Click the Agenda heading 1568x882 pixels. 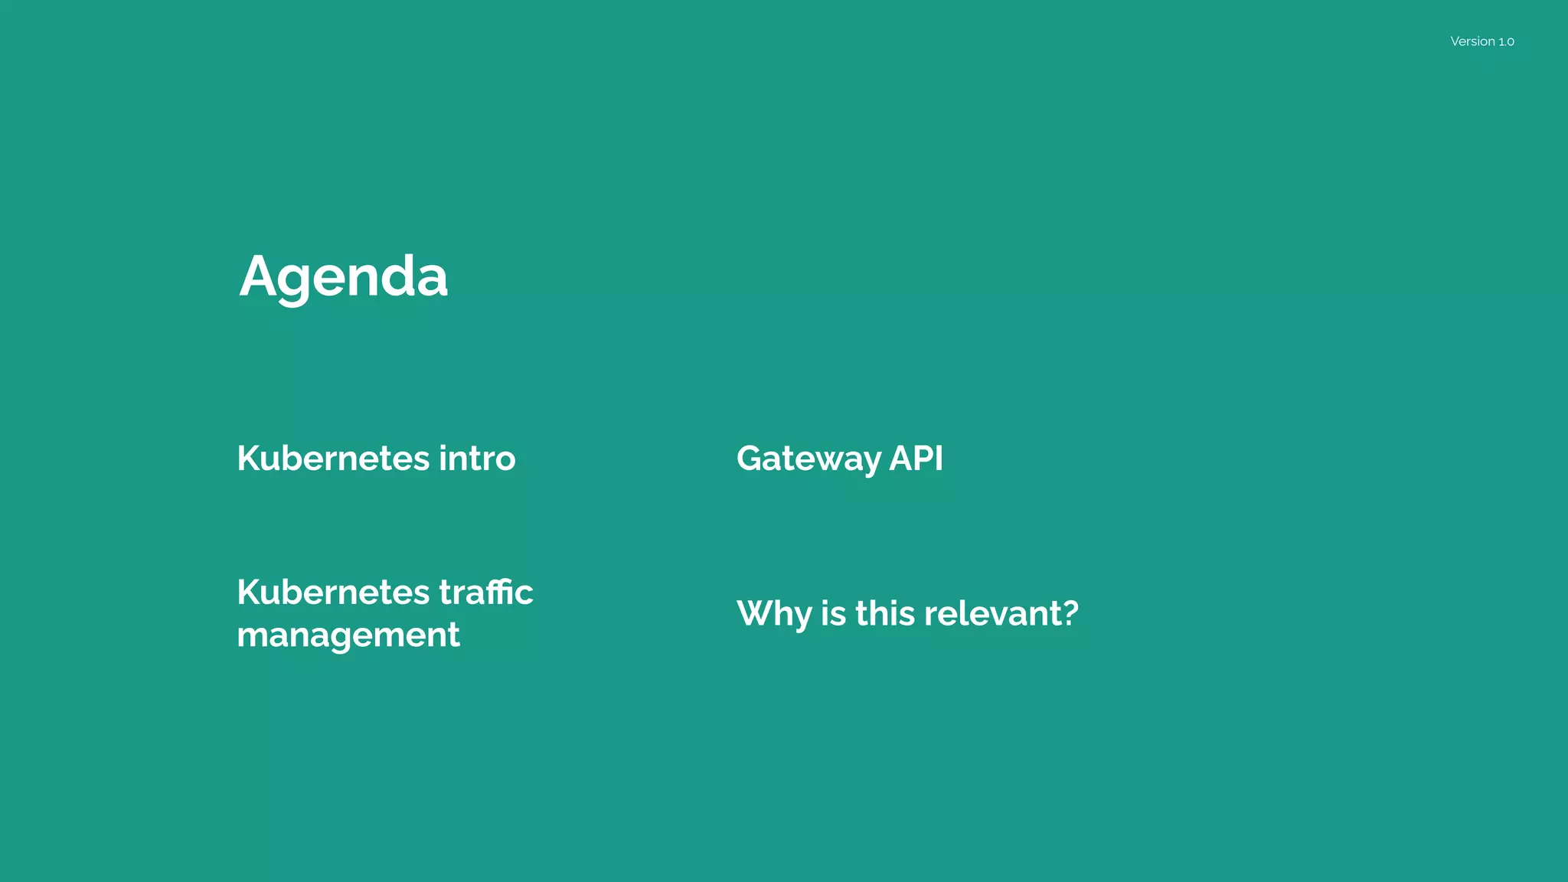[343, 276]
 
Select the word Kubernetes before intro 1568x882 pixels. [333, 459]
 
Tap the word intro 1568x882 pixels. [477, 459]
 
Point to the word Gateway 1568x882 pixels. [808, 459]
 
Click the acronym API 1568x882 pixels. [916, 459]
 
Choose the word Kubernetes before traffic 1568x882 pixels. [333, 592]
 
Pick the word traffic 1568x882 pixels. [486, 592]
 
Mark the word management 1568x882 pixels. [348, 635]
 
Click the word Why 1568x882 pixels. [773, 614]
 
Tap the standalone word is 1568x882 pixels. [833, 613]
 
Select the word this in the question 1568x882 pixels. [885, 613]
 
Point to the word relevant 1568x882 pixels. [992, 613]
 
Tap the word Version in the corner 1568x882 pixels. [1472, 41]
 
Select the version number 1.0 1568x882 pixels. [1506, 41]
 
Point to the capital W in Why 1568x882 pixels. [757, 613]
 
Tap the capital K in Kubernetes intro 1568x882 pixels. [249, 459]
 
